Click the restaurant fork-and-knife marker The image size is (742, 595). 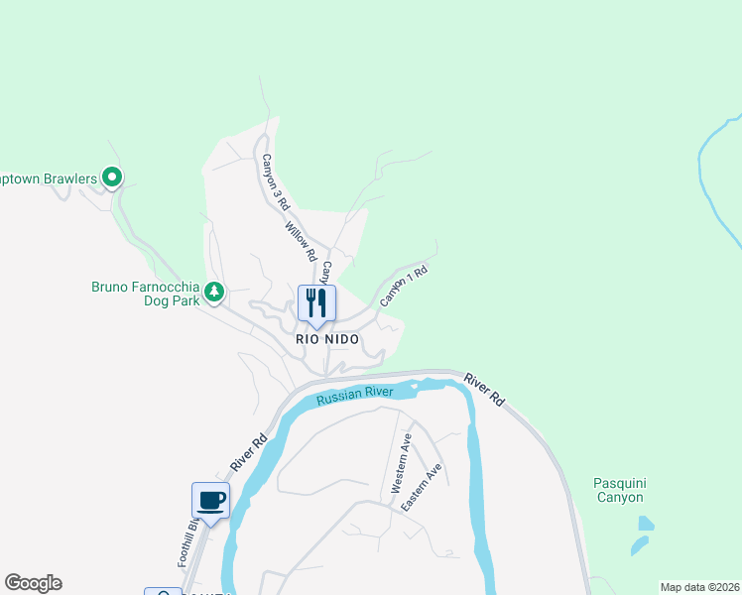pos(316,303)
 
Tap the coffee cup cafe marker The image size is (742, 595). pos(210,500)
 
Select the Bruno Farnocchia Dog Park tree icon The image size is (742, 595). pos(214,292)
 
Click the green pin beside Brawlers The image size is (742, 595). pos(112,178)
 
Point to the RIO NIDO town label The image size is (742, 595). pos(326,338)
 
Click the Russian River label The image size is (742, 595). pos(354,395)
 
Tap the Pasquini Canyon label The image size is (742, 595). pos(619,490)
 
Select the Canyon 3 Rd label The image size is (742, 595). pos(275,181)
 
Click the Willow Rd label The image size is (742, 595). pos(301,242)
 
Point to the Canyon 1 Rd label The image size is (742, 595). pos(404,284)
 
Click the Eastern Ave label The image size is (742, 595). pos(422,487)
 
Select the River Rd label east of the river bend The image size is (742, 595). pos(485,389)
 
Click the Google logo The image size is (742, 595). pos(33,583)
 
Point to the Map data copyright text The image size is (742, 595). pos(698,587)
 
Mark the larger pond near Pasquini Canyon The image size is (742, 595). pos(646,524)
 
